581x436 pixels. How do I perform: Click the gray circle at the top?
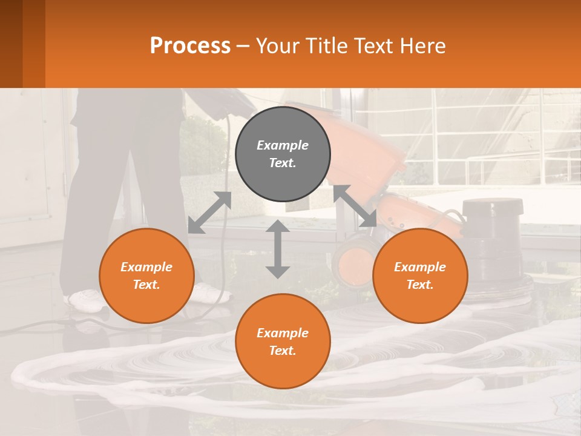283,154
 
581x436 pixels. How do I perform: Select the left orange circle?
146,276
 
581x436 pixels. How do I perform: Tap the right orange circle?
420,276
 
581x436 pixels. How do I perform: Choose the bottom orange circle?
283,342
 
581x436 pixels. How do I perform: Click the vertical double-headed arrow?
278,249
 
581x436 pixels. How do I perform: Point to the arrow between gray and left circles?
209,213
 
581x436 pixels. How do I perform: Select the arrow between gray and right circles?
355,206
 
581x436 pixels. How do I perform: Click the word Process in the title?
190,45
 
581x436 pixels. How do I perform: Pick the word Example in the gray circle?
283,145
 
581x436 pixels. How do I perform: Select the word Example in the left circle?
146,267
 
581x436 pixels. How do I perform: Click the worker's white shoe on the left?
85,298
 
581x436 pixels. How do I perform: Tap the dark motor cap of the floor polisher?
492,207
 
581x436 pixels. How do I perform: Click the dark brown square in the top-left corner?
11,44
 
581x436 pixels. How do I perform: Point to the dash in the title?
243,46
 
